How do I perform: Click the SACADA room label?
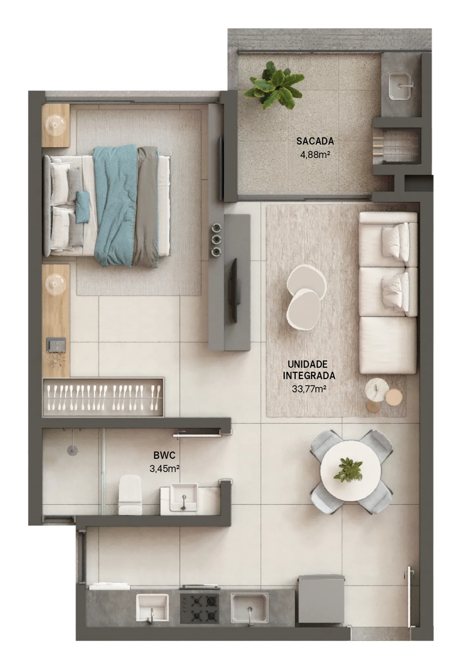(315, 141)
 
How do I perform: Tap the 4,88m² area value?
(315, 154)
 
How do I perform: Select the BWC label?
(164, 456)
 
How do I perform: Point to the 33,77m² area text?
(309, 389)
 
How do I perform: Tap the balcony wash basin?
(400, 86)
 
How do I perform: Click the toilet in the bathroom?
(130, 494)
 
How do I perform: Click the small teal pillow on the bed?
(83, 207)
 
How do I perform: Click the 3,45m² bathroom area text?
(164, 468)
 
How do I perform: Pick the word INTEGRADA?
(309, 376)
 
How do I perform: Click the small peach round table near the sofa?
(394, 398)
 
